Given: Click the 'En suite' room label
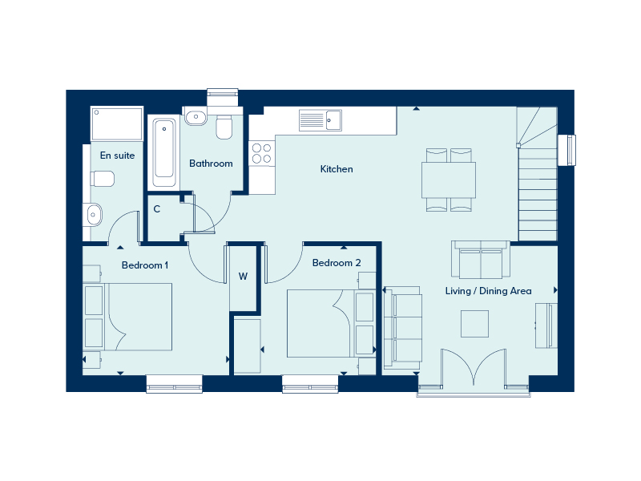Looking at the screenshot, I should click(x=117, y=156).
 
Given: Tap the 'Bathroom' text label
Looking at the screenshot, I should click(x=211, y=164).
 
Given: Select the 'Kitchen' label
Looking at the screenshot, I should click(x=337, y=169).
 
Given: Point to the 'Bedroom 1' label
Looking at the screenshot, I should click(x=145, y=265).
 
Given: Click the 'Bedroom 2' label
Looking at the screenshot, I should click(x=337, y=263).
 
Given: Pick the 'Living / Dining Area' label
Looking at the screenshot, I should click(x=488, y=291).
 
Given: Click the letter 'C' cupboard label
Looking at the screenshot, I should click(x=157, y=209).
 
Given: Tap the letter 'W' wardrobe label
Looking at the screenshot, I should click(x=243, y=277).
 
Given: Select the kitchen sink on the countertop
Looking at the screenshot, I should click(x=320, y=120).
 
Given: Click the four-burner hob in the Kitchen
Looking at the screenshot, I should click(x=262, y=153).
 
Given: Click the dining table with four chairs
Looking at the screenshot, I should click(x=449, y=180).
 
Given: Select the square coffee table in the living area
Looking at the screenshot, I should click(x=474, y=323).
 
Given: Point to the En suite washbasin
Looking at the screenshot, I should click(x=94, y=214).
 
